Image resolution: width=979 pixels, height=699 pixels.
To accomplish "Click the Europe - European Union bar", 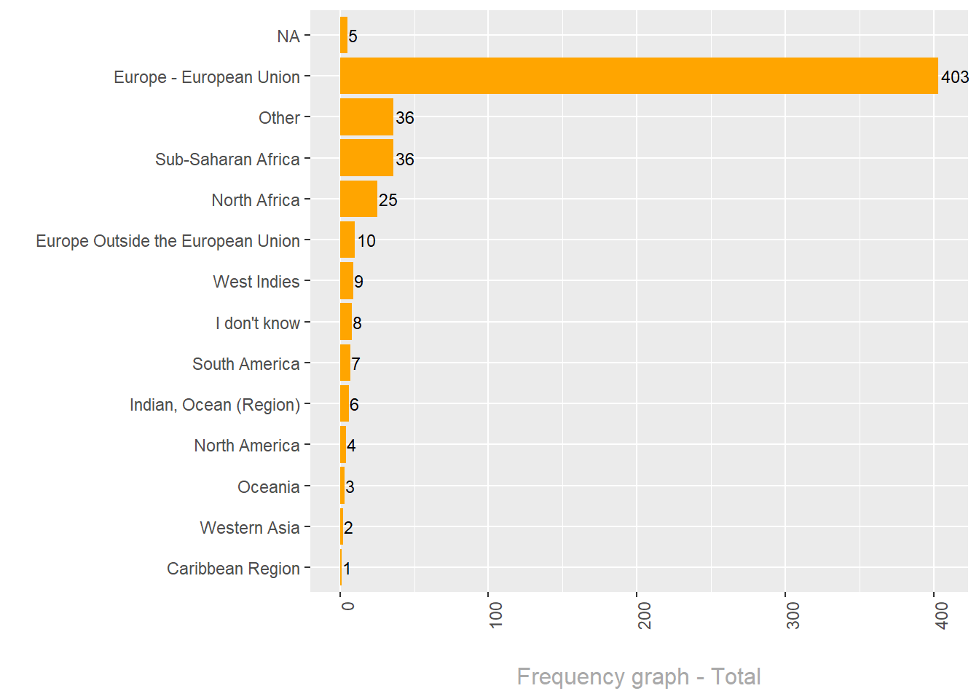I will (x=639, y=76).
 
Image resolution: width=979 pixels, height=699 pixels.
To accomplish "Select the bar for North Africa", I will (x=358, y=200).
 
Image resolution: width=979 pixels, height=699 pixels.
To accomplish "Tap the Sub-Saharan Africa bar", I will (x=366, y=158).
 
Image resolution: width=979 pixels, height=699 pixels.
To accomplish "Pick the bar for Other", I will (x=366, y=117).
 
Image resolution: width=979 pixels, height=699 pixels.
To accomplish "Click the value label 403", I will (x=954, y=77).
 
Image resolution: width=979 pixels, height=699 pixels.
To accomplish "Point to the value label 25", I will (x=388, y=200).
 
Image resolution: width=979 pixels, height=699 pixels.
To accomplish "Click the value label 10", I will (x=366, y=241).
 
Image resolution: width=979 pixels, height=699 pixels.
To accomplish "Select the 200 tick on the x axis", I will (x=644, y=615).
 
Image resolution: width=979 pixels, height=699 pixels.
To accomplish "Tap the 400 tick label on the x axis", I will (x=941, y=615).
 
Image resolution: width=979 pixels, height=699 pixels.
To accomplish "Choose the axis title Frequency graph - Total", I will (x=639, y=676).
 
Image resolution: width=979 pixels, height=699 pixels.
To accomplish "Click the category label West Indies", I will (x=256, y=282).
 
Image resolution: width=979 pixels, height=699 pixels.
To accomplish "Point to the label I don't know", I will (x=258, y=323).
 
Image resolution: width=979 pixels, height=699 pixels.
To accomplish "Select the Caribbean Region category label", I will (x=233, y=569).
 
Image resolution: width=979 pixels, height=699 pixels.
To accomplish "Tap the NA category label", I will (x=288, y=36).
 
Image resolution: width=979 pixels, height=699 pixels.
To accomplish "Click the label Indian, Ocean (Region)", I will (x=215, y=405).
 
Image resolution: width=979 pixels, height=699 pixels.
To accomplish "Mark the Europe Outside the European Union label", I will (x=168, y=241).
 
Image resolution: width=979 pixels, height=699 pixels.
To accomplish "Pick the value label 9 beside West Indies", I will (x=358, y=282).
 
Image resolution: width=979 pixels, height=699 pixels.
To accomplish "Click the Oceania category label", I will (x=269, y=487).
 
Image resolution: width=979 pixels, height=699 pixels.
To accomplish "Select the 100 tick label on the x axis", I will (x=495, y=615).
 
